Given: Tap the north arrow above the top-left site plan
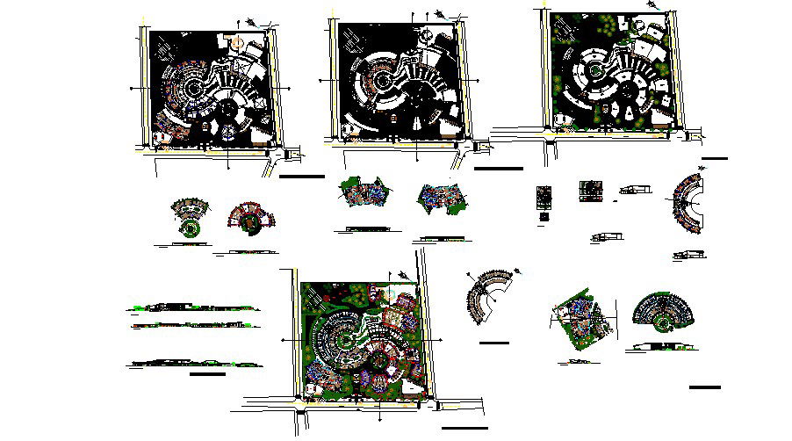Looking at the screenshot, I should (254, 22).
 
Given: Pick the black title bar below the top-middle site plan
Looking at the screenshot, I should (497, 169).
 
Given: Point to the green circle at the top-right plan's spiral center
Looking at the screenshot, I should (594, 69).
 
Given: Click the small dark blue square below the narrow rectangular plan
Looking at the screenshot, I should (544, 215).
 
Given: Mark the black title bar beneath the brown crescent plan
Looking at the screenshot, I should (495, 342).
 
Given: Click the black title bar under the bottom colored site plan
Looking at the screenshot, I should (464, 428).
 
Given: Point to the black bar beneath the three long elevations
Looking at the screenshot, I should (207, 373).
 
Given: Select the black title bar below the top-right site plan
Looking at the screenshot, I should (714, 159).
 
